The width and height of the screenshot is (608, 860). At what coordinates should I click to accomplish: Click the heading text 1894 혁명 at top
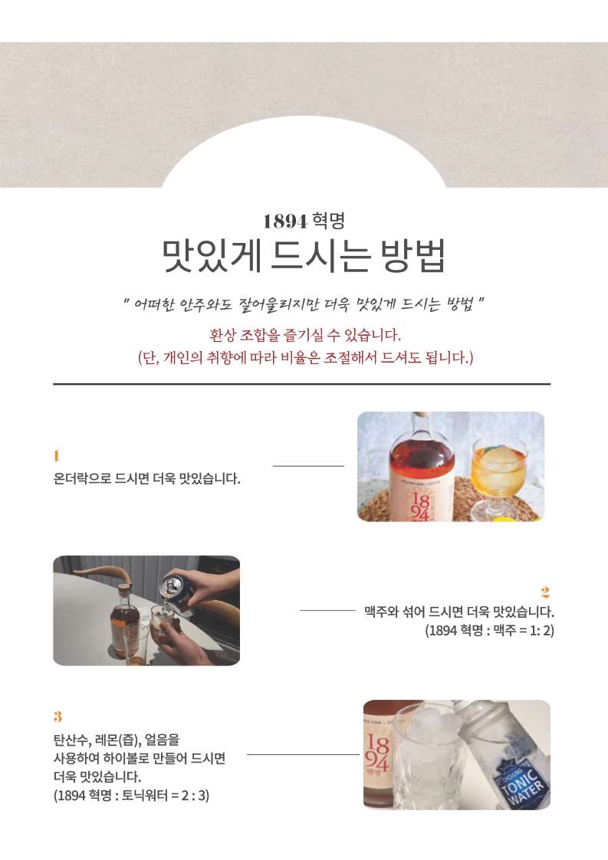pos(304,221)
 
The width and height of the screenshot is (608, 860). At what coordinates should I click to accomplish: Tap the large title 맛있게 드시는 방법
pos(304,255)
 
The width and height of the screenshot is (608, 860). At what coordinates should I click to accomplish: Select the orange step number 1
pos(56,456)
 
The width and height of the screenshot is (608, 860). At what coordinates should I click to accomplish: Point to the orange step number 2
pos(545,592)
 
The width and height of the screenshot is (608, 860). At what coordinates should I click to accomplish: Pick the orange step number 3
pos(58,717)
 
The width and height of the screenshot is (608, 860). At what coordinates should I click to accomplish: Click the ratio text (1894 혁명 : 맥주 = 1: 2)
pos(489,630)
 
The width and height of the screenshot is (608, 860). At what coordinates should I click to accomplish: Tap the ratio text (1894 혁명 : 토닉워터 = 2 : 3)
pos(131,796)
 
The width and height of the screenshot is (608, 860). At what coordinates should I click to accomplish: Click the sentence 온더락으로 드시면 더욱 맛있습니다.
pos(146,478)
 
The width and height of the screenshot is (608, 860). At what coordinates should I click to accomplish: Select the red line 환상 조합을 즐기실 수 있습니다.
pos(305,334)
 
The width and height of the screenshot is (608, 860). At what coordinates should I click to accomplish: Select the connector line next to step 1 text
pos(308,466)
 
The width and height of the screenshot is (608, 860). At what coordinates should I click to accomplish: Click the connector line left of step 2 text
pos(327,610)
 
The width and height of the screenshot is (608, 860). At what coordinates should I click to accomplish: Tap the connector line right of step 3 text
pos(303,754)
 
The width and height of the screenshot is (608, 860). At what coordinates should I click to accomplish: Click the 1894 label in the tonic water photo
pos(376,754)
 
